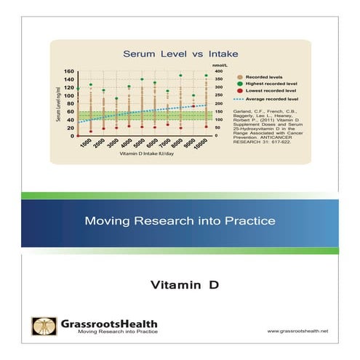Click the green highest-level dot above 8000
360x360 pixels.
pos(180,75)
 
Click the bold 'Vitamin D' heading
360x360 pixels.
pos(179,283)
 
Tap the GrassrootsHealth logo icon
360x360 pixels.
pos(41,326)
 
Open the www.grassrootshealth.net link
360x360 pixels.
pos(298,331)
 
